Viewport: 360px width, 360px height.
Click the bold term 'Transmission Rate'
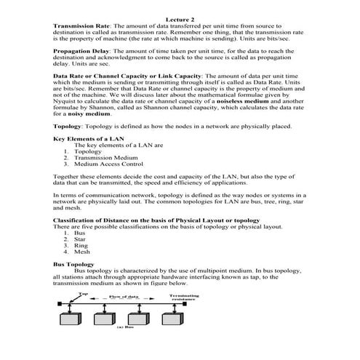coord(79,25)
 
